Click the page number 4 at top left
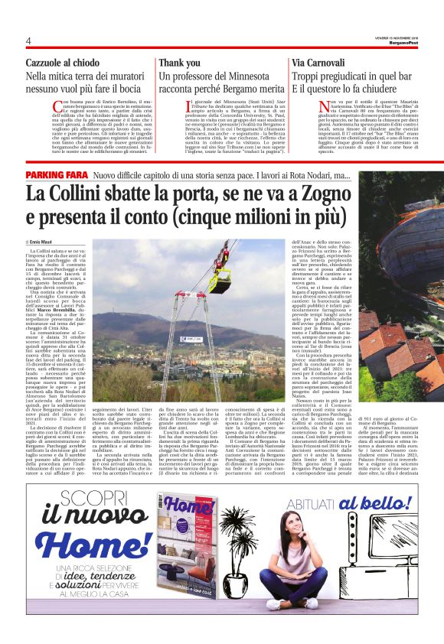coord(28,40)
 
